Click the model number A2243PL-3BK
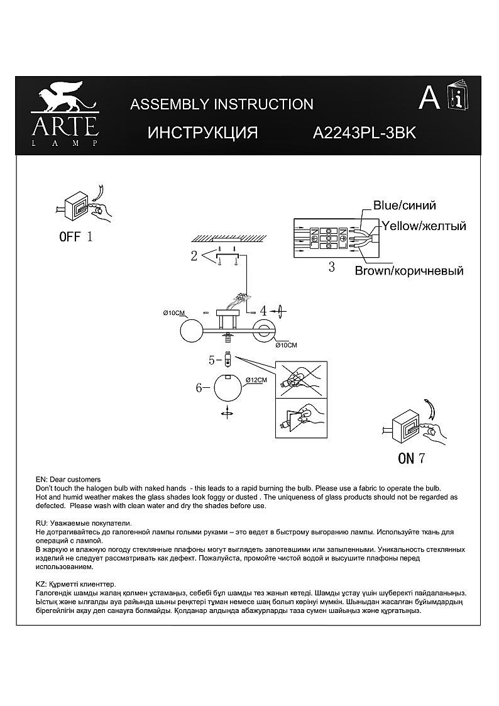[x=365, y=133]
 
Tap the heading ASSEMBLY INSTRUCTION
[x=221, y=104]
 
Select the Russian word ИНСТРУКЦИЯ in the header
[x=203, y=133]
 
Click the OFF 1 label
[x=75, y=237]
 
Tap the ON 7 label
[x=412, y=458]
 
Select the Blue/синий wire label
[x=404, y=206]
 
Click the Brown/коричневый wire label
[x=409, y=271]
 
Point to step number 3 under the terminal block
[x=331, y=267]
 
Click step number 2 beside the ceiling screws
[x=194, y=256]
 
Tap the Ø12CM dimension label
[x=256, y=380]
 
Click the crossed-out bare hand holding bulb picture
[x=301, y=378]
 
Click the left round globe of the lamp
[x=190, y=331]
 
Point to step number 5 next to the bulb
[x=212, y=360]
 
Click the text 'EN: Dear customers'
[x=69, y=479]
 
